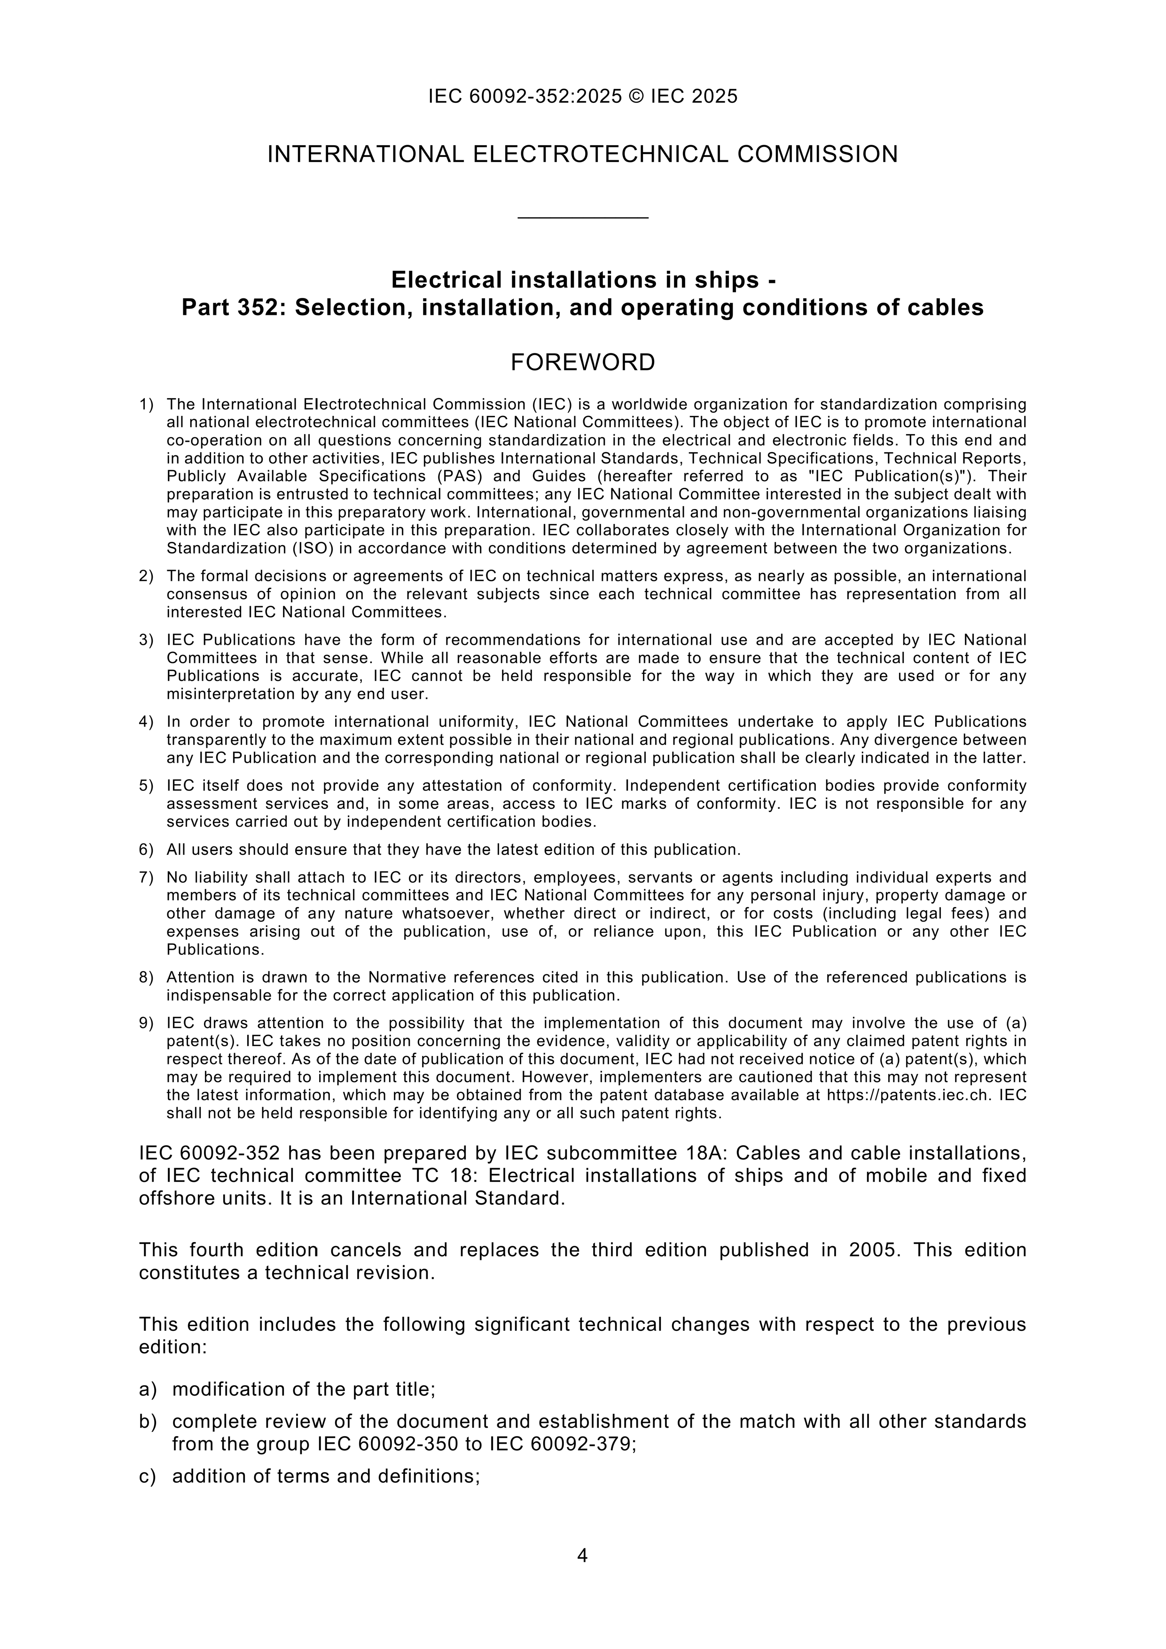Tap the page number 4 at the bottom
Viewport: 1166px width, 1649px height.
(x=583, y=1555)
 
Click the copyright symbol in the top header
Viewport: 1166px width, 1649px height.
(x=636, y=96)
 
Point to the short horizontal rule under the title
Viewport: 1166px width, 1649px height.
(x=583, y=217)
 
